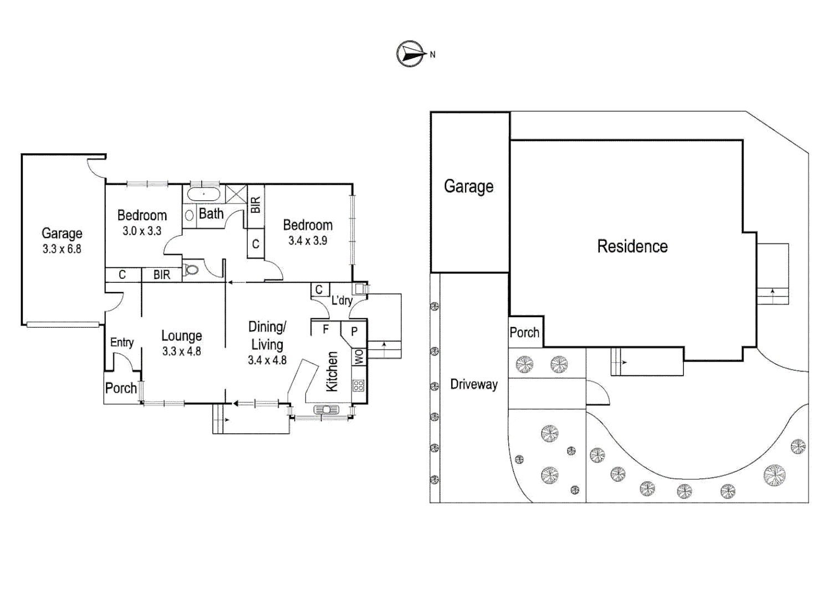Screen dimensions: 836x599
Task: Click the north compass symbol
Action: (410, 54)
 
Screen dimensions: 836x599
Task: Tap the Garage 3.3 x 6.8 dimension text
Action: (62, 249)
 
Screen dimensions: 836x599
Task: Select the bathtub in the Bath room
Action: (203, 194)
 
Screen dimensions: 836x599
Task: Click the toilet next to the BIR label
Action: (192, 270)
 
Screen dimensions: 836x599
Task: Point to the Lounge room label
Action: (181, 336)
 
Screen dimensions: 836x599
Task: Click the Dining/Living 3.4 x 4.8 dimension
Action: (267, 360)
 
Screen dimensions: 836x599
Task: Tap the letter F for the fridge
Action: (326, 329)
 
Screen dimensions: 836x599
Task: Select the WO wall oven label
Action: (359, 357)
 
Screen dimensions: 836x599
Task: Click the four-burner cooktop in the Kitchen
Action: (359, 385)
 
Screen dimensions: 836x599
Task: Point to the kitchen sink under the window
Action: (327, 410)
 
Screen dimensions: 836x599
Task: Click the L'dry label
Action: (342, 300)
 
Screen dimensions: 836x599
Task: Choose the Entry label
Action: (122, 342)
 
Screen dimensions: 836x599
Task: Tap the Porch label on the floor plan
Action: (121, 388)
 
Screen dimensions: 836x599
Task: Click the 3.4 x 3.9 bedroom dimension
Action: (308, 241)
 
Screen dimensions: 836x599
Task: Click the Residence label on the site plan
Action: (632, 246)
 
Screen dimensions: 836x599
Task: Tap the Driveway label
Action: (474, 384)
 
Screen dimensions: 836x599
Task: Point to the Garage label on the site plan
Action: (468, 186)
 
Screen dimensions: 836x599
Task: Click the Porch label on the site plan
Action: (524, 332)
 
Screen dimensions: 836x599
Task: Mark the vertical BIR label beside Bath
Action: (255, 205)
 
